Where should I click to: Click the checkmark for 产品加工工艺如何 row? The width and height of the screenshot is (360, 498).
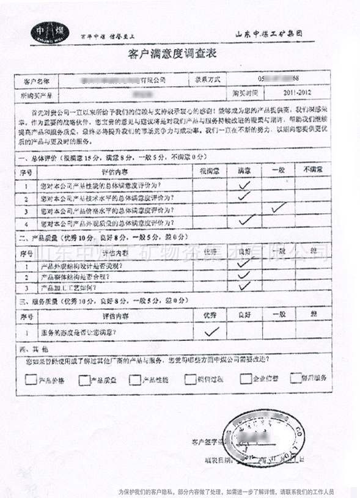pyautogui.click(x=244, y=285)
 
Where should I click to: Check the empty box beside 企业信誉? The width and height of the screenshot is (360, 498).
pyautogui.click(x=246, y=379)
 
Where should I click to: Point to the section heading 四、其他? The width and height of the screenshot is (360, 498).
pyautogui.click(x=31, y=347)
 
